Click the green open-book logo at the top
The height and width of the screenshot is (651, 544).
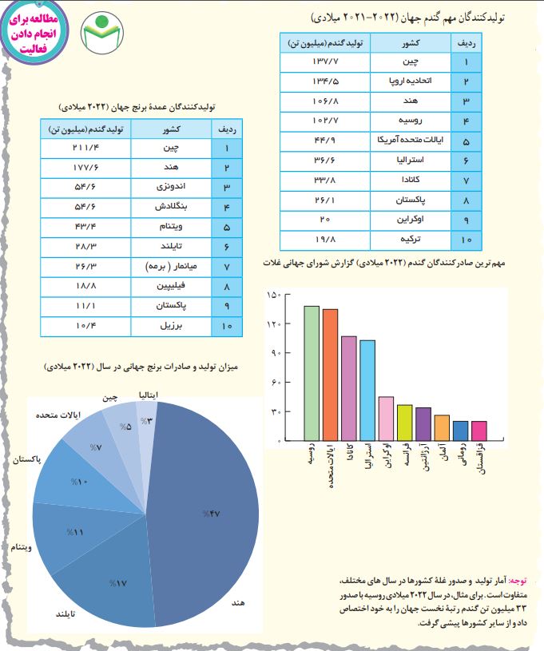tap(101, 34)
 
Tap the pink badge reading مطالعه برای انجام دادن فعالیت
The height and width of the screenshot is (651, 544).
tap(34, 34)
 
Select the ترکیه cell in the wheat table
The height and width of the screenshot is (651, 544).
tap(411, 240)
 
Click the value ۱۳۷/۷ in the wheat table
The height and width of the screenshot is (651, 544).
tap(325, 62)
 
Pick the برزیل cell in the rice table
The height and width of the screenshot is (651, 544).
tap(171, 326)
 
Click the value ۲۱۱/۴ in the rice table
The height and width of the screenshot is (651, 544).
tap(85, 148)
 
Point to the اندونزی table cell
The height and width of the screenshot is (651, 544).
tap(171, 187)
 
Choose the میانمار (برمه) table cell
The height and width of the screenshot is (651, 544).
tap(171, 267)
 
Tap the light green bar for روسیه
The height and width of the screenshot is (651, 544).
tap(312, 373)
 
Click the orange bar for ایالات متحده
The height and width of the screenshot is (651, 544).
tap(330, 375)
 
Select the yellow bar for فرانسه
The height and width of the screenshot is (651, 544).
tap(404, 423)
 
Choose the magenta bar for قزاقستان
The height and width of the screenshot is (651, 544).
tap(479, 431)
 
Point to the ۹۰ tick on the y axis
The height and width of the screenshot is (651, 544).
tap(276, 353)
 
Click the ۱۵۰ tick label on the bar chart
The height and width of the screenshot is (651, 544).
tap(274, 295)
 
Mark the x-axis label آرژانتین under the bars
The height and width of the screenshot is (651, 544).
tap(427, 457)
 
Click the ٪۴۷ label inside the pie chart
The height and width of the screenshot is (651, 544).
tap(212, 514)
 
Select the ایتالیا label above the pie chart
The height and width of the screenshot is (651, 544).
tap(149, 395)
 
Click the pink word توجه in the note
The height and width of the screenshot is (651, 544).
tap(518, 581)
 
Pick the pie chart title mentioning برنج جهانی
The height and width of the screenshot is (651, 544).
tap(141, 367)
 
